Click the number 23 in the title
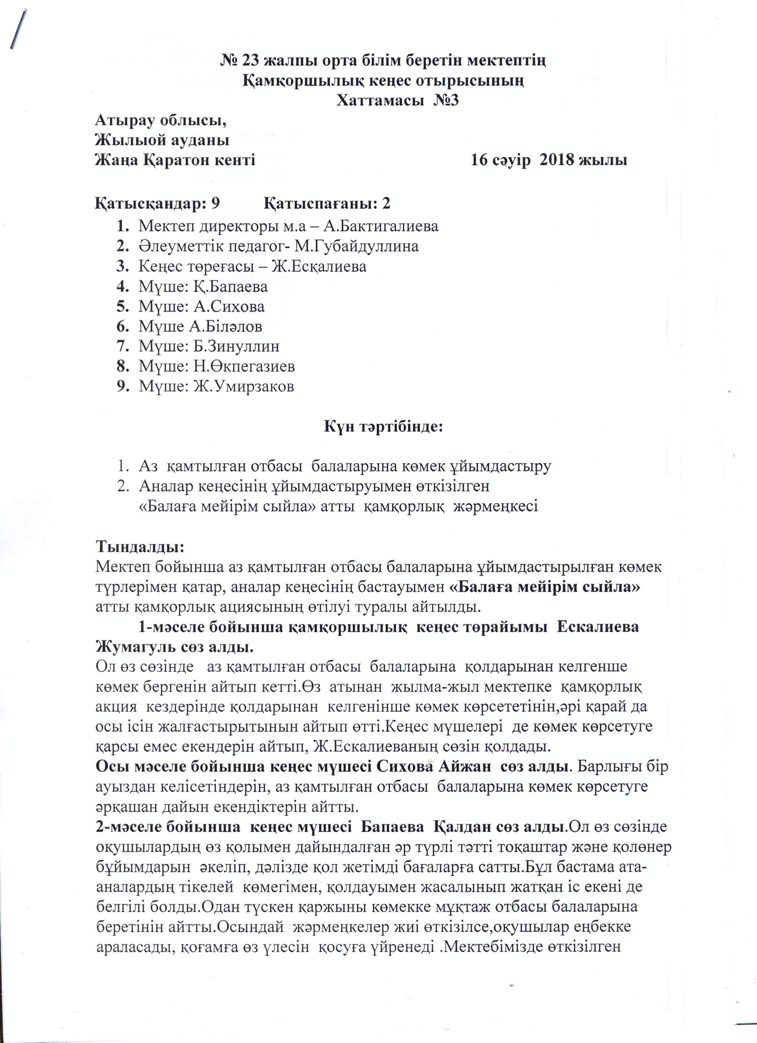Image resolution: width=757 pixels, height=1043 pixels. tap(248, 60)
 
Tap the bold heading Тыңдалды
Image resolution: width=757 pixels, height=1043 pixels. tap(139, 547)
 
